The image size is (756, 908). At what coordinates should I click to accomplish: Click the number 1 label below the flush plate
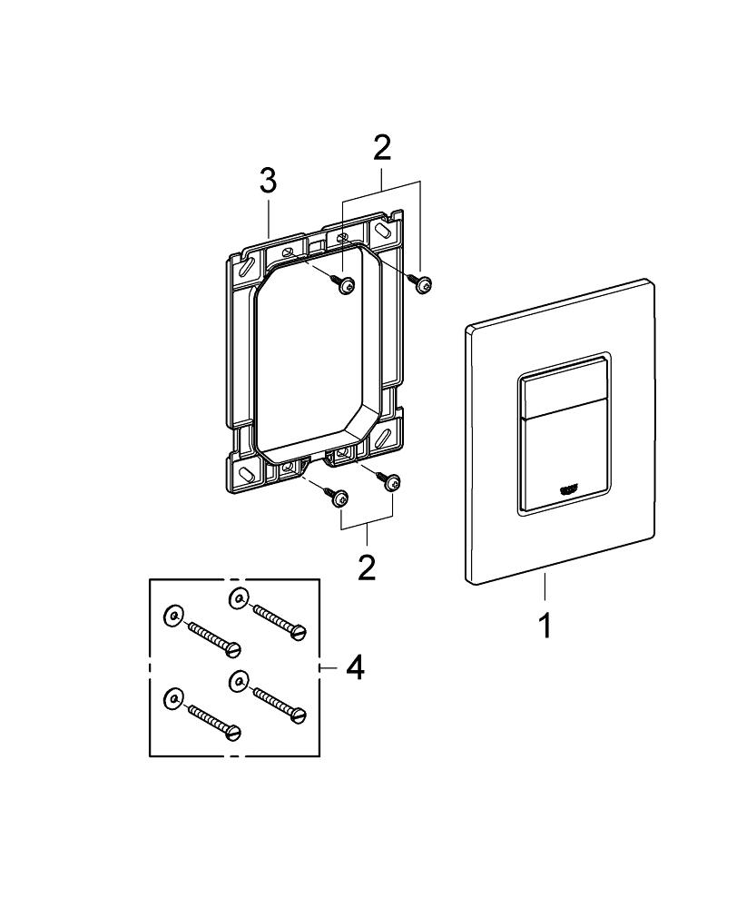click(x=545, y=626)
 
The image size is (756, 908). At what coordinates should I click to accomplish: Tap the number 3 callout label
click(x=267, y=181)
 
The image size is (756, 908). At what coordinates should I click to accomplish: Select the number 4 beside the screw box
click(x=355, y=668)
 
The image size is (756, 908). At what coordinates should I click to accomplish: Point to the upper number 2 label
click(x=382, y=147)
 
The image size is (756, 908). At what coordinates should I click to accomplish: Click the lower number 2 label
click(x=366, y=567)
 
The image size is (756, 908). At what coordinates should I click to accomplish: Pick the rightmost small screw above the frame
click(x=422, y=284)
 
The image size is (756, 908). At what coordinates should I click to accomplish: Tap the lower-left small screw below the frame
click(x=339, y=498)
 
